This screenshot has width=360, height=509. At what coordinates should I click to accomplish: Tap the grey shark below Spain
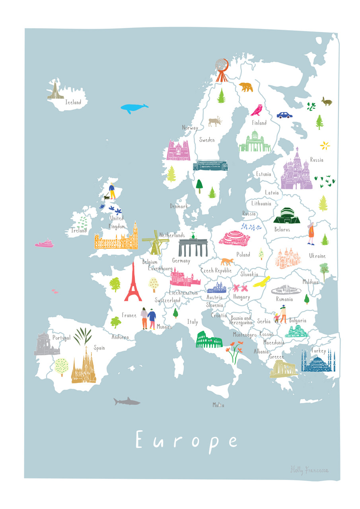pyautogui.click(x=126, y=402)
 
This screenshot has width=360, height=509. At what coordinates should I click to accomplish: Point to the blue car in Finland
pyautogui.click(x=284, y=115)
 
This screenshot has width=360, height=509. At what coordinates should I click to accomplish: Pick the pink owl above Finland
pyautogui.click(x=256, y=110)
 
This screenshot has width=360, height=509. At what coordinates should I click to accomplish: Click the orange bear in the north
pyautogui.click(x=246, y=86)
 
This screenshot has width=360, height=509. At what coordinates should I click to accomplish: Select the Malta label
pyautogui.click(x=218, y=405)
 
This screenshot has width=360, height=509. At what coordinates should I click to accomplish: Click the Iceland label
pyautogui.click(x=73, y=103)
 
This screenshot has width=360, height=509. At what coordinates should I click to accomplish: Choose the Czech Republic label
pyautogui.click(x=216, y=270)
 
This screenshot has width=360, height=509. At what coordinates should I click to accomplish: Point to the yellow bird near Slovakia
pyautogui.click(x=262, y=282)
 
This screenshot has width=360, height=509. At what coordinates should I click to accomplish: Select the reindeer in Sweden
pyautogui.click(x=215, y=121)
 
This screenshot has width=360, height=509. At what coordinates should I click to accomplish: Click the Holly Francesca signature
pyautogui.click(x=309, y=470)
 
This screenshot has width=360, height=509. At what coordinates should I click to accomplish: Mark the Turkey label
pyautogui.click(x=319, y=351)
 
